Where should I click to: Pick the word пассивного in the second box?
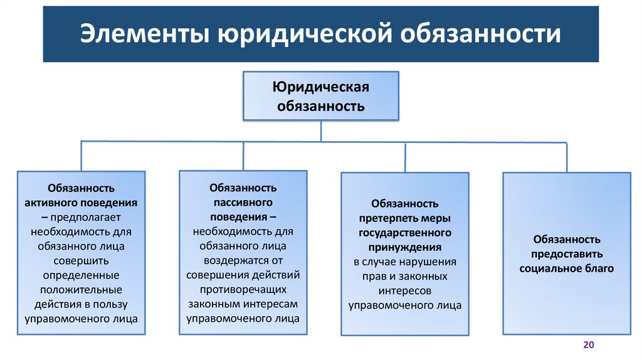[x=243, y=202]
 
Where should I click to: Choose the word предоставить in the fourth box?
[x=567, y=254]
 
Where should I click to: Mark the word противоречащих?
[x=243, y=289]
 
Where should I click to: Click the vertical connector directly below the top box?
[x=321, y=131]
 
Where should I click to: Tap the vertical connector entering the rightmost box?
[x=567, y=157]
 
